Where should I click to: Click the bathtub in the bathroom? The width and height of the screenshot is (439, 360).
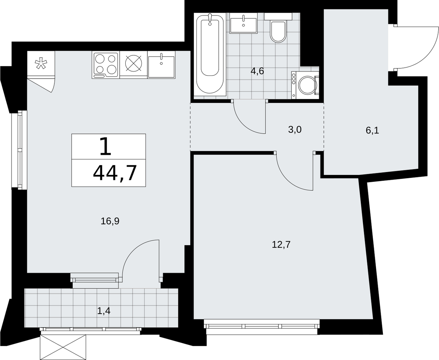[x=210, y=54]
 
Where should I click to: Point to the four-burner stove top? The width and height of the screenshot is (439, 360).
[x=106, y=65]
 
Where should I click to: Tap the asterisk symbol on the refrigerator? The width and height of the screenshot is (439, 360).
[x=41, y=63]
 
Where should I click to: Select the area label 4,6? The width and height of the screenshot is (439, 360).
[x=257, y=71]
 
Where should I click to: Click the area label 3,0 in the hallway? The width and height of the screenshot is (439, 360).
[x=295, y=130]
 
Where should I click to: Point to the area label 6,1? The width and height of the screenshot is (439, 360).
[x=372, y=131]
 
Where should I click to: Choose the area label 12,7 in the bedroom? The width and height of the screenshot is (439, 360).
[x=281, y=244]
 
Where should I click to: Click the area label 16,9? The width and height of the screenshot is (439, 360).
[x=110, y=221]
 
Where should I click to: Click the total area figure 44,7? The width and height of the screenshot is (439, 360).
[x=115, y=173]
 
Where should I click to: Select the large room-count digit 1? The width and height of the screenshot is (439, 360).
[x=106, y=147]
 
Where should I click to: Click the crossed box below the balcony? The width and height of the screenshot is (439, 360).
[x=63, y=347]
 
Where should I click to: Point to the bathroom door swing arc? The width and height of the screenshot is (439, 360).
[x=244, y=123]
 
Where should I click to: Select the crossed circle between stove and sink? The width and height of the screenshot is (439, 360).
[x=133, y=63]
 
